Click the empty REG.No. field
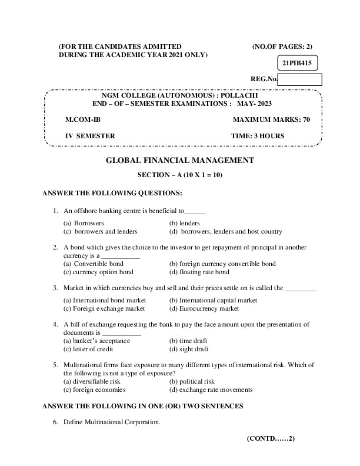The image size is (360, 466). [299, 80]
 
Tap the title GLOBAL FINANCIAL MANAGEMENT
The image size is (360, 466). [179, 160]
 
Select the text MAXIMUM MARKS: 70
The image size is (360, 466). [271, 119]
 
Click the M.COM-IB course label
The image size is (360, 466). [79, 119]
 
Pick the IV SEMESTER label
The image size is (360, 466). [90, 136]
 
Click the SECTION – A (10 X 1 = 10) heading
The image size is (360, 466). [179, 175]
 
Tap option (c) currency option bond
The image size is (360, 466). [98, 272]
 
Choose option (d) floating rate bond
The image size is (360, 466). [199, 272]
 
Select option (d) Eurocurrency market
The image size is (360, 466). [204, 308]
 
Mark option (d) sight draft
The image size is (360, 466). [188, 349]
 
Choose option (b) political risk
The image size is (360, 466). [192, 381]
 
